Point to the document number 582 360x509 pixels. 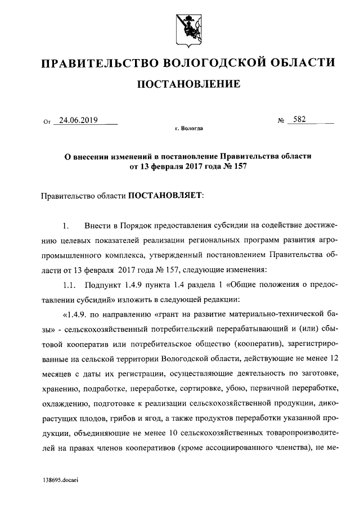(x=299, y=120)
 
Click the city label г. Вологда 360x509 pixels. (x=188, y=129)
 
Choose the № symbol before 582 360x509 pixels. (x=282, y=120)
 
